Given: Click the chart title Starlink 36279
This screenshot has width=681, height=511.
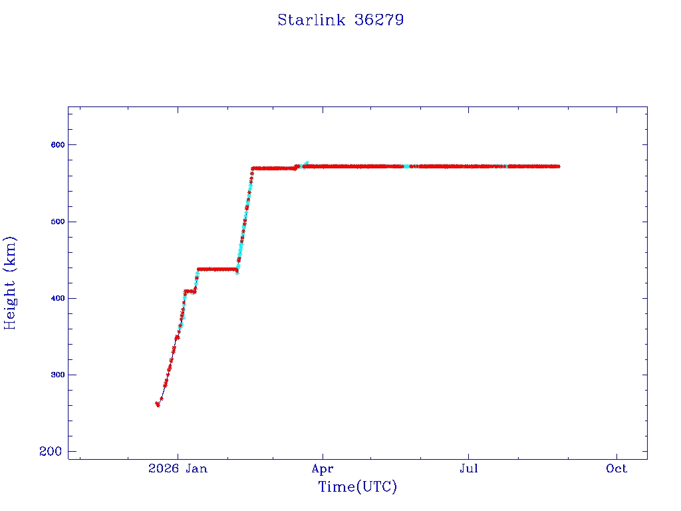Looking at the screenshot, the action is (340, 20).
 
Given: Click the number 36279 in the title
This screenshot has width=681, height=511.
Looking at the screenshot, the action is (379, 20).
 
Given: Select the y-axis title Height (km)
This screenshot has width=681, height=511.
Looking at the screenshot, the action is (10, 283).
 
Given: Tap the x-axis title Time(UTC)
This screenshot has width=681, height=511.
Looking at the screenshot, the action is (357, 486).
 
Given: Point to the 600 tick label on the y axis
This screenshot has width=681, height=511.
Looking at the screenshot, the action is (58, 144).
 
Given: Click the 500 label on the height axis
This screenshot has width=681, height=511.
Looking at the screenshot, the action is (58, 222).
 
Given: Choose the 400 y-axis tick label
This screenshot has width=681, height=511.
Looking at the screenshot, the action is (58, 299).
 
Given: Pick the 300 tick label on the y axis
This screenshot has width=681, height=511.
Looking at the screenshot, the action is (58, 375).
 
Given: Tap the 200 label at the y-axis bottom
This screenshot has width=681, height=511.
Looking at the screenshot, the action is (51, 452).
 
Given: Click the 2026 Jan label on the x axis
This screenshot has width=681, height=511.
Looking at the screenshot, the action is (178, 468).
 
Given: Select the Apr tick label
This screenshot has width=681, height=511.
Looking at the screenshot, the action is (323, 469).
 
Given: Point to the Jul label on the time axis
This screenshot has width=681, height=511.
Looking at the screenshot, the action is (469, 468).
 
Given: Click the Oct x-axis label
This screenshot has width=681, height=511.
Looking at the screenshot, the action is (616, 468).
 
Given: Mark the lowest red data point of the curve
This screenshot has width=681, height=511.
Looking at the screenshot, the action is (158, 405).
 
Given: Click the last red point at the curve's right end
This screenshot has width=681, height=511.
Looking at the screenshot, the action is (558, 166).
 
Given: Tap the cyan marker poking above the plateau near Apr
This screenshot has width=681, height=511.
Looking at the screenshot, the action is (306, 164).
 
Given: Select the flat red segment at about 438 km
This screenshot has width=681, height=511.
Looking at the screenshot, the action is (217, 269).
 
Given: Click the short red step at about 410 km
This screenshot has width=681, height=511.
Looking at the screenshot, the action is (190, 291).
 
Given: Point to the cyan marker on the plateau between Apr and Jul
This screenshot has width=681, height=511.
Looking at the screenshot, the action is (406, 166).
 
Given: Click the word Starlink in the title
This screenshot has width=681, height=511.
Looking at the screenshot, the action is (311, 20).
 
